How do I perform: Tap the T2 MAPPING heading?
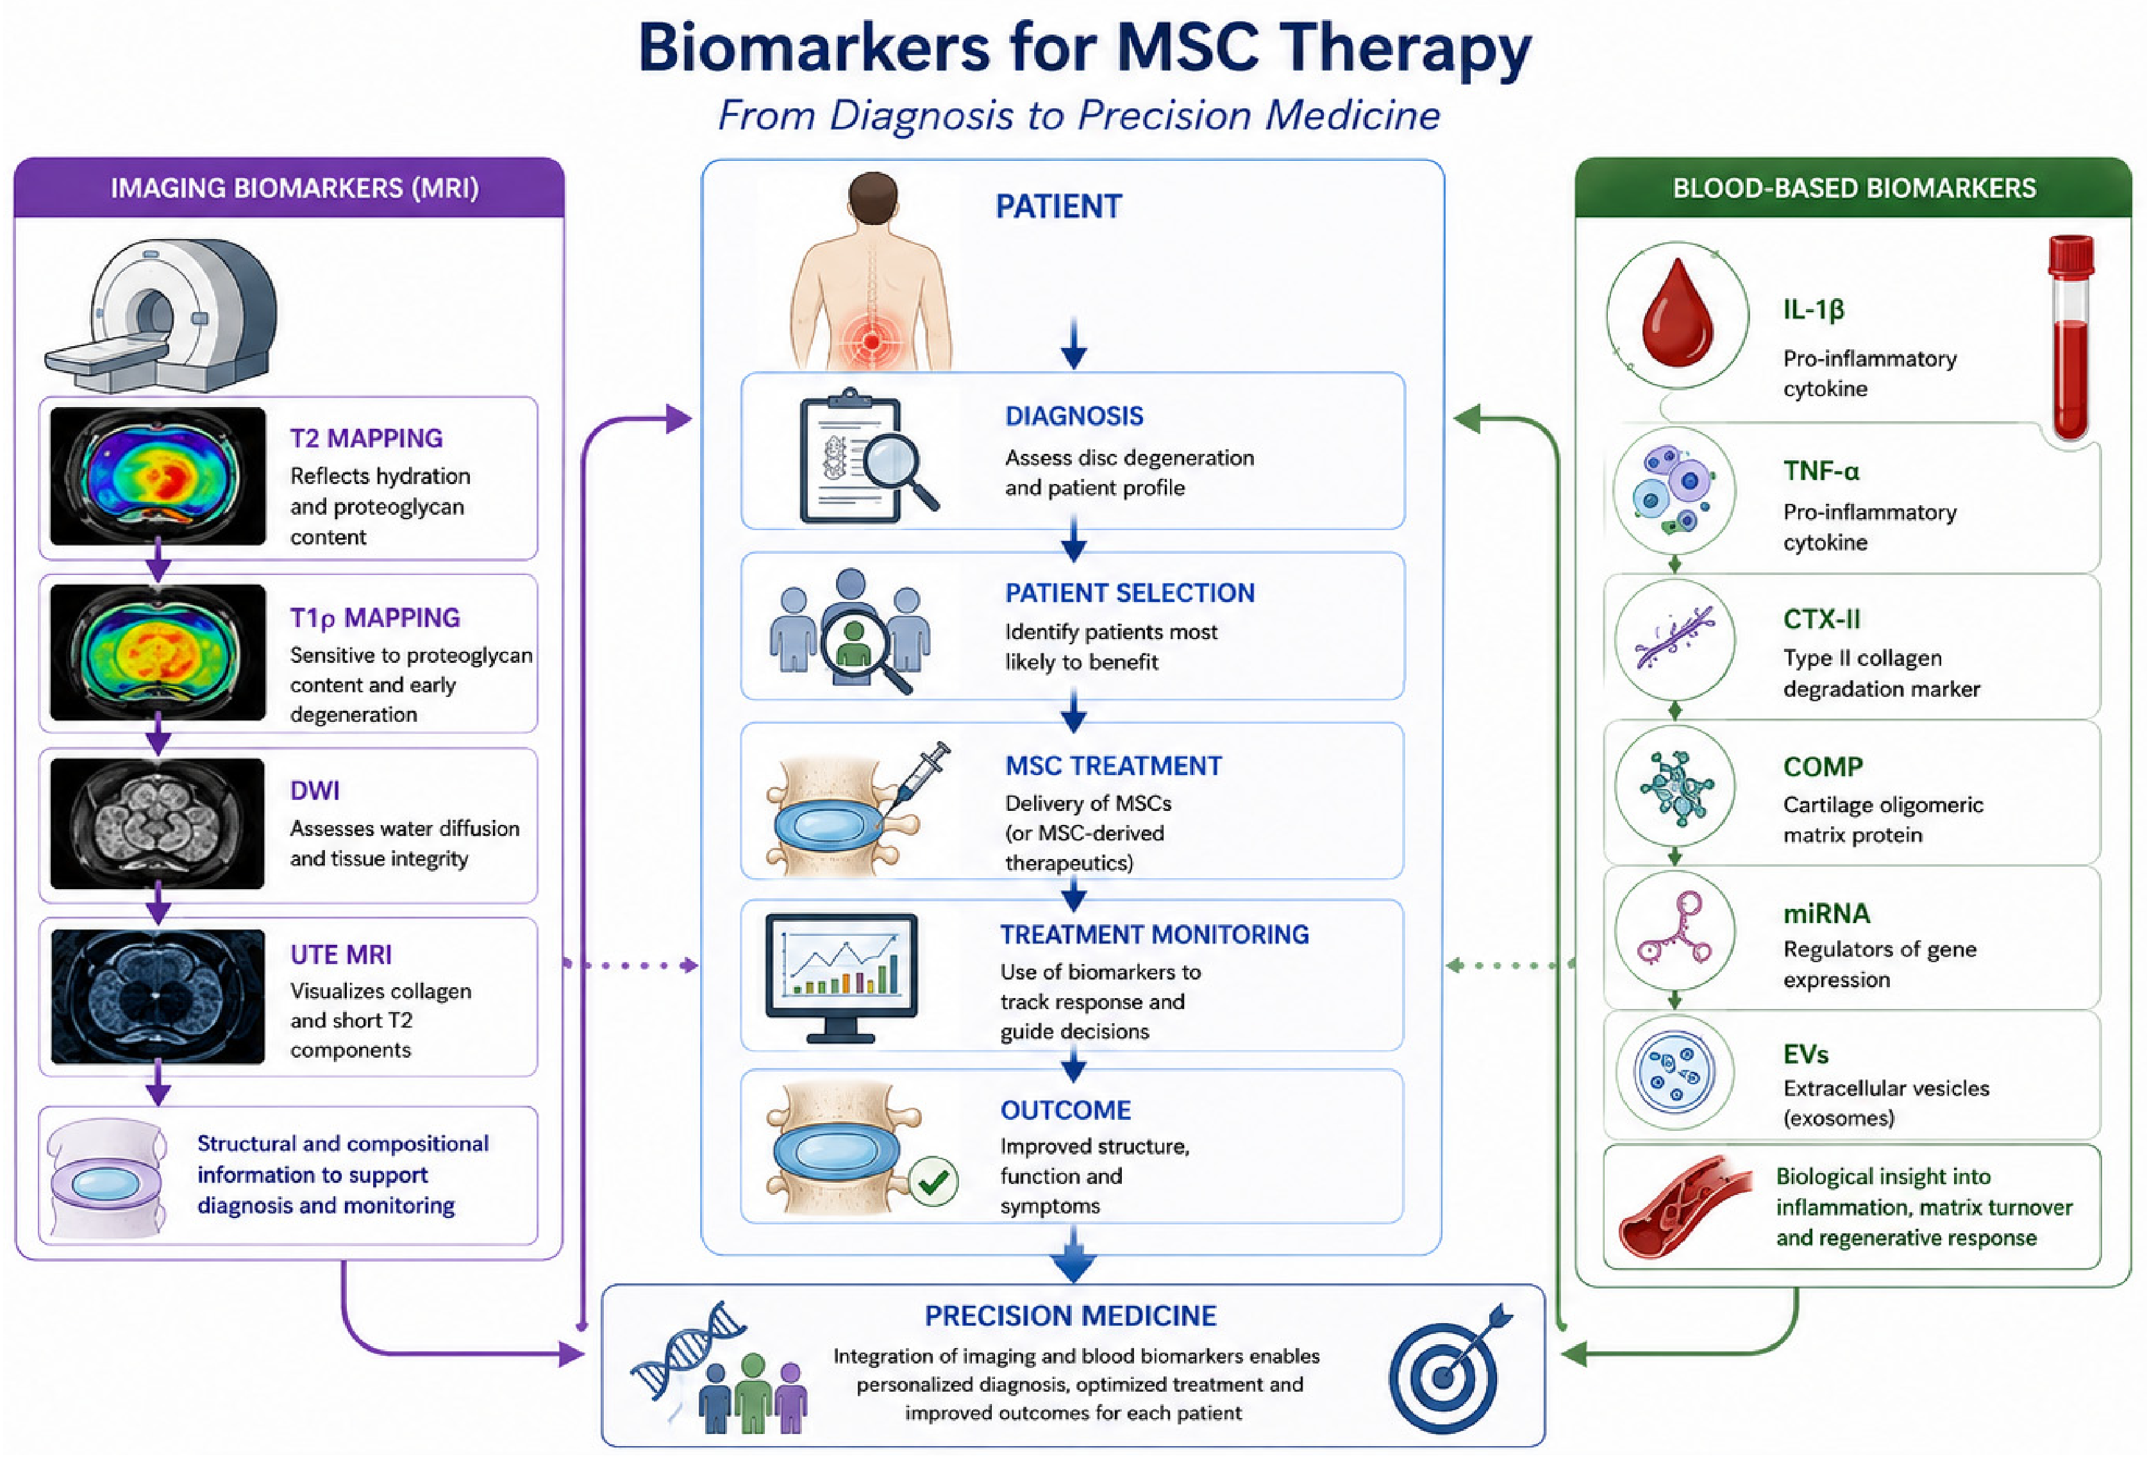[366, 438]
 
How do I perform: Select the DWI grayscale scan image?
[157, 823]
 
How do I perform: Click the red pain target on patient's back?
[870, 340]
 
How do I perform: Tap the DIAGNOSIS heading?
[1073, 416]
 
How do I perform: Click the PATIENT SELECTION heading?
[1129, 593]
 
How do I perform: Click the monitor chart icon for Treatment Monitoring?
[840, 978]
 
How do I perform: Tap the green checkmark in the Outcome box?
[933, 1181]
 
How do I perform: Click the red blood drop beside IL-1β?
[1678, 314]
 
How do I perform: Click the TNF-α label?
[1821, 471]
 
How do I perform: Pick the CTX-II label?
[1822, 619]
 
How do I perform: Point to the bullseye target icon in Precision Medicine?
[1446, 1371]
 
